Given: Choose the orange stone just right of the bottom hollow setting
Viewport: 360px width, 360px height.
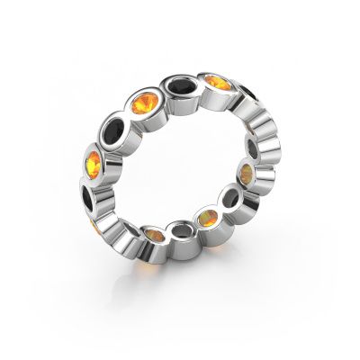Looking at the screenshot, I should (x=206, y=219).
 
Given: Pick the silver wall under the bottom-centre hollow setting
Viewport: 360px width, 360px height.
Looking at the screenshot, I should (x=181, y=256).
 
